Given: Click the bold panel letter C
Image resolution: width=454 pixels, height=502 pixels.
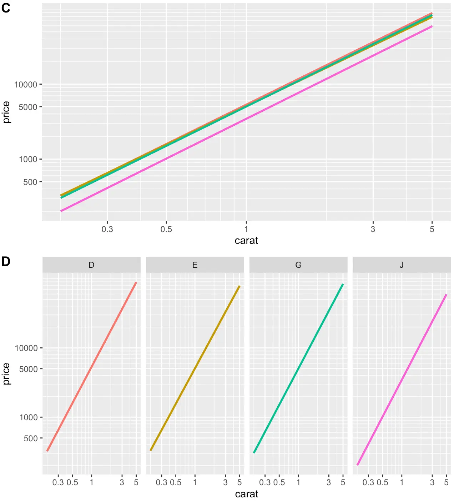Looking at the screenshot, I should point(6,8).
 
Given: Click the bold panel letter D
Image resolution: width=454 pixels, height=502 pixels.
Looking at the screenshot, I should point(6,261).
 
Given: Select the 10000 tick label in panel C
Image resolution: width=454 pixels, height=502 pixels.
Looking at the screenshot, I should point(26,85).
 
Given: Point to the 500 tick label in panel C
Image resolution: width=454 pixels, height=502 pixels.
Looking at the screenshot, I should point(30,182).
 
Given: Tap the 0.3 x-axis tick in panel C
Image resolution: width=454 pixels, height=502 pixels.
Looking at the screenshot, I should point(107,229).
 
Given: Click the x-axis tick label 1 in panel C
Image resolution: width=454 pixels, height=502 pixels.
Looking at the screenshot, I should point(246,229).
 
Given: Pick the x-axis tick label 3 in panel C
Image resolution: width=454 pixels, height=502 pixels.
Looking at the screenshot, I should point(373,229).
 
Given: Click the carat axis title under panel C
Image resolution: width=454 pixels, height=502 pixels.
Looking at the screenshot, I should point(246,240).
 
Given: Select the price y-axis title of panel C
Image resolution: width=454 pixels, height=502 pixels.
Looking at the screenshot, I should point(6,112).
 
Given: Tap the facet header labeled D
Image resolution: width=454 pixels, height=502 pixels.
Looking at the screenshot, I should point(91,265).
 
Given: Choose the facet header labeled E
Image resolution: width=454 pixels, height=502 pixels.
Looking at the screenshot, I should point(195,265).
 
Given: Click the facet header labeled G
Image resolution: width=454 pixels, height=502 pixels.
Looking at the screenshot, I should point(298,265).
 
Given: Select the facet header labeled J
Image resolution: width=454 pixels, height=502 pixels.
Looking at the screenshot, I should point(402,265).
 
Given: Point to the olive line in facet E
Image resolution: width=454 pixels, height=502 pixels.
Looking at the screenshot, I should point(195,368).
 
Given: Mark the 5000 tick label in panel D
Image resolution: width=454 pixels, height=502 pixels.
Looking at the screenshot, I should point(29,369).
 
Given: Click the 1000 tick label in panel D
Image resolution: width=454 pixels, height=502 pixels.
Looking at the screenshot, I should point(29,417).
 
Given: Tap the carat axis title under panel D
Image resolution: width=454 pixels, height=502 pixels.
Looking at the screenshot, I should point(246,494).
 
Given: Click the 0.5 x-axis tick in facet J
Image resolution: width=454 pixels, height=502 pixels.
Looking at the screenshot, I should point(383,482).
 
